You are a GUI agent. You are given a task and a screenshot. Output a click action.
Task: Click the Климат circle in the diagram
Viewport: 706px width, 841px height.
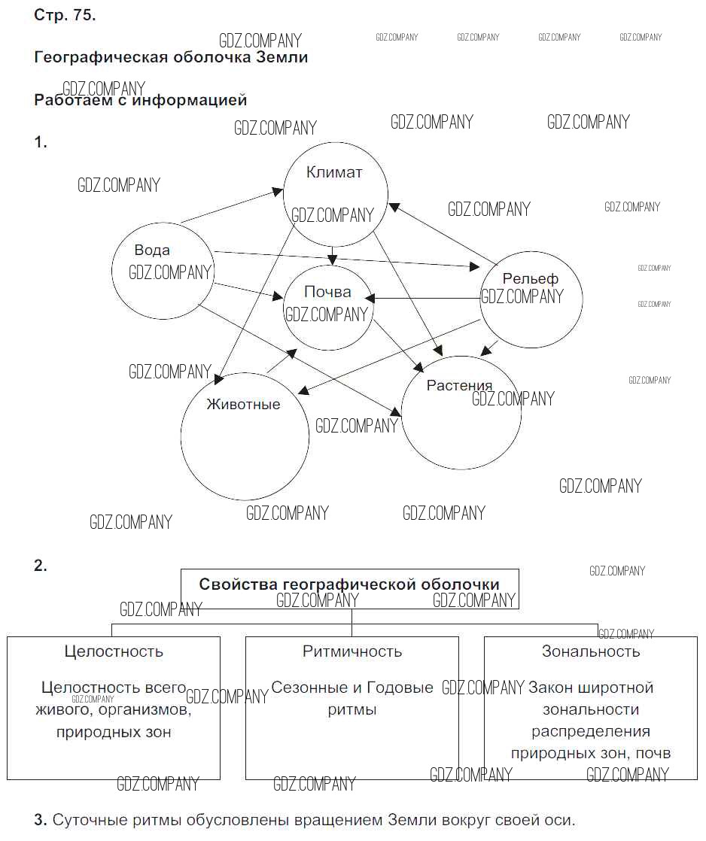coord(335,193)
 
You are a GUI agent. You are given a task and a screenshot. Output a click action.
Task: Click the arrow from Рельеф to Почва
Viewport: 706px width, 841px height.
coord(425,299)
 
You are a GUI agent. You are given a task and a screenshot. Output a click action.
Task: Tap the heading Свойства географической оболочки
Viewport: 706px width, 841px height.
coord(349,584)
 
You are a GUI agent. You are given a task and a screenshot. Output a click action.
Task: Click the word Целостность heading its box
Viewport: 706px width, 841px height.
coord(114,651)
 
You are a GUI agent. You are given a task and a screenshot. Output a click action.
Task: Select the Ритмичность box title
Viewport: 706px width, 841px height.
coord(352,651)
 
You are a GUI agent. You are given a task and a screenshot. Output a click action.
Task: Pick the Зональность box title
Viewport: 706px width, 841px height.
coord(591,651)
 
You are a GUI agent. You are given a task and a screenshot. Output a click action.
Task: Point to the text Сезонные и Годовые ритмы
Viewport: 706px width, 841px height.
coord(352,698)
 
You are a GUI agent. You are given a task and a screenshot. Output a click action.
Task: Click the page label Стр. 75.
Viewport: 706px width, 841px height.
coord(65,16)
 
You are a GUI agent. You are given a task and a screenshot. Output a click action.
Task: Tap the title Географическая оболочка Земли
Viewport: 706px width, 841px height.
coord(171,57)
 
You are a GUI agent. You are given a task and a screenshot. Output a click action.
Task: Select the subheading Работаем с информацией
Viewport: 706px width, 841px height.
coord(141,99)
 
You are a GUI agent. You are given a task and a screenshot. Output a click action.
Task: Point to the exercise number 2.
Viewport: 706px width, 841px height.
coord(41,566)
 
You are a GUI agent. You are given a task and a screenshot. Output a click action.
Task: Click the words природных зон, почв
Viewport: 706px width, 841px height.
coord(591,753)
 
